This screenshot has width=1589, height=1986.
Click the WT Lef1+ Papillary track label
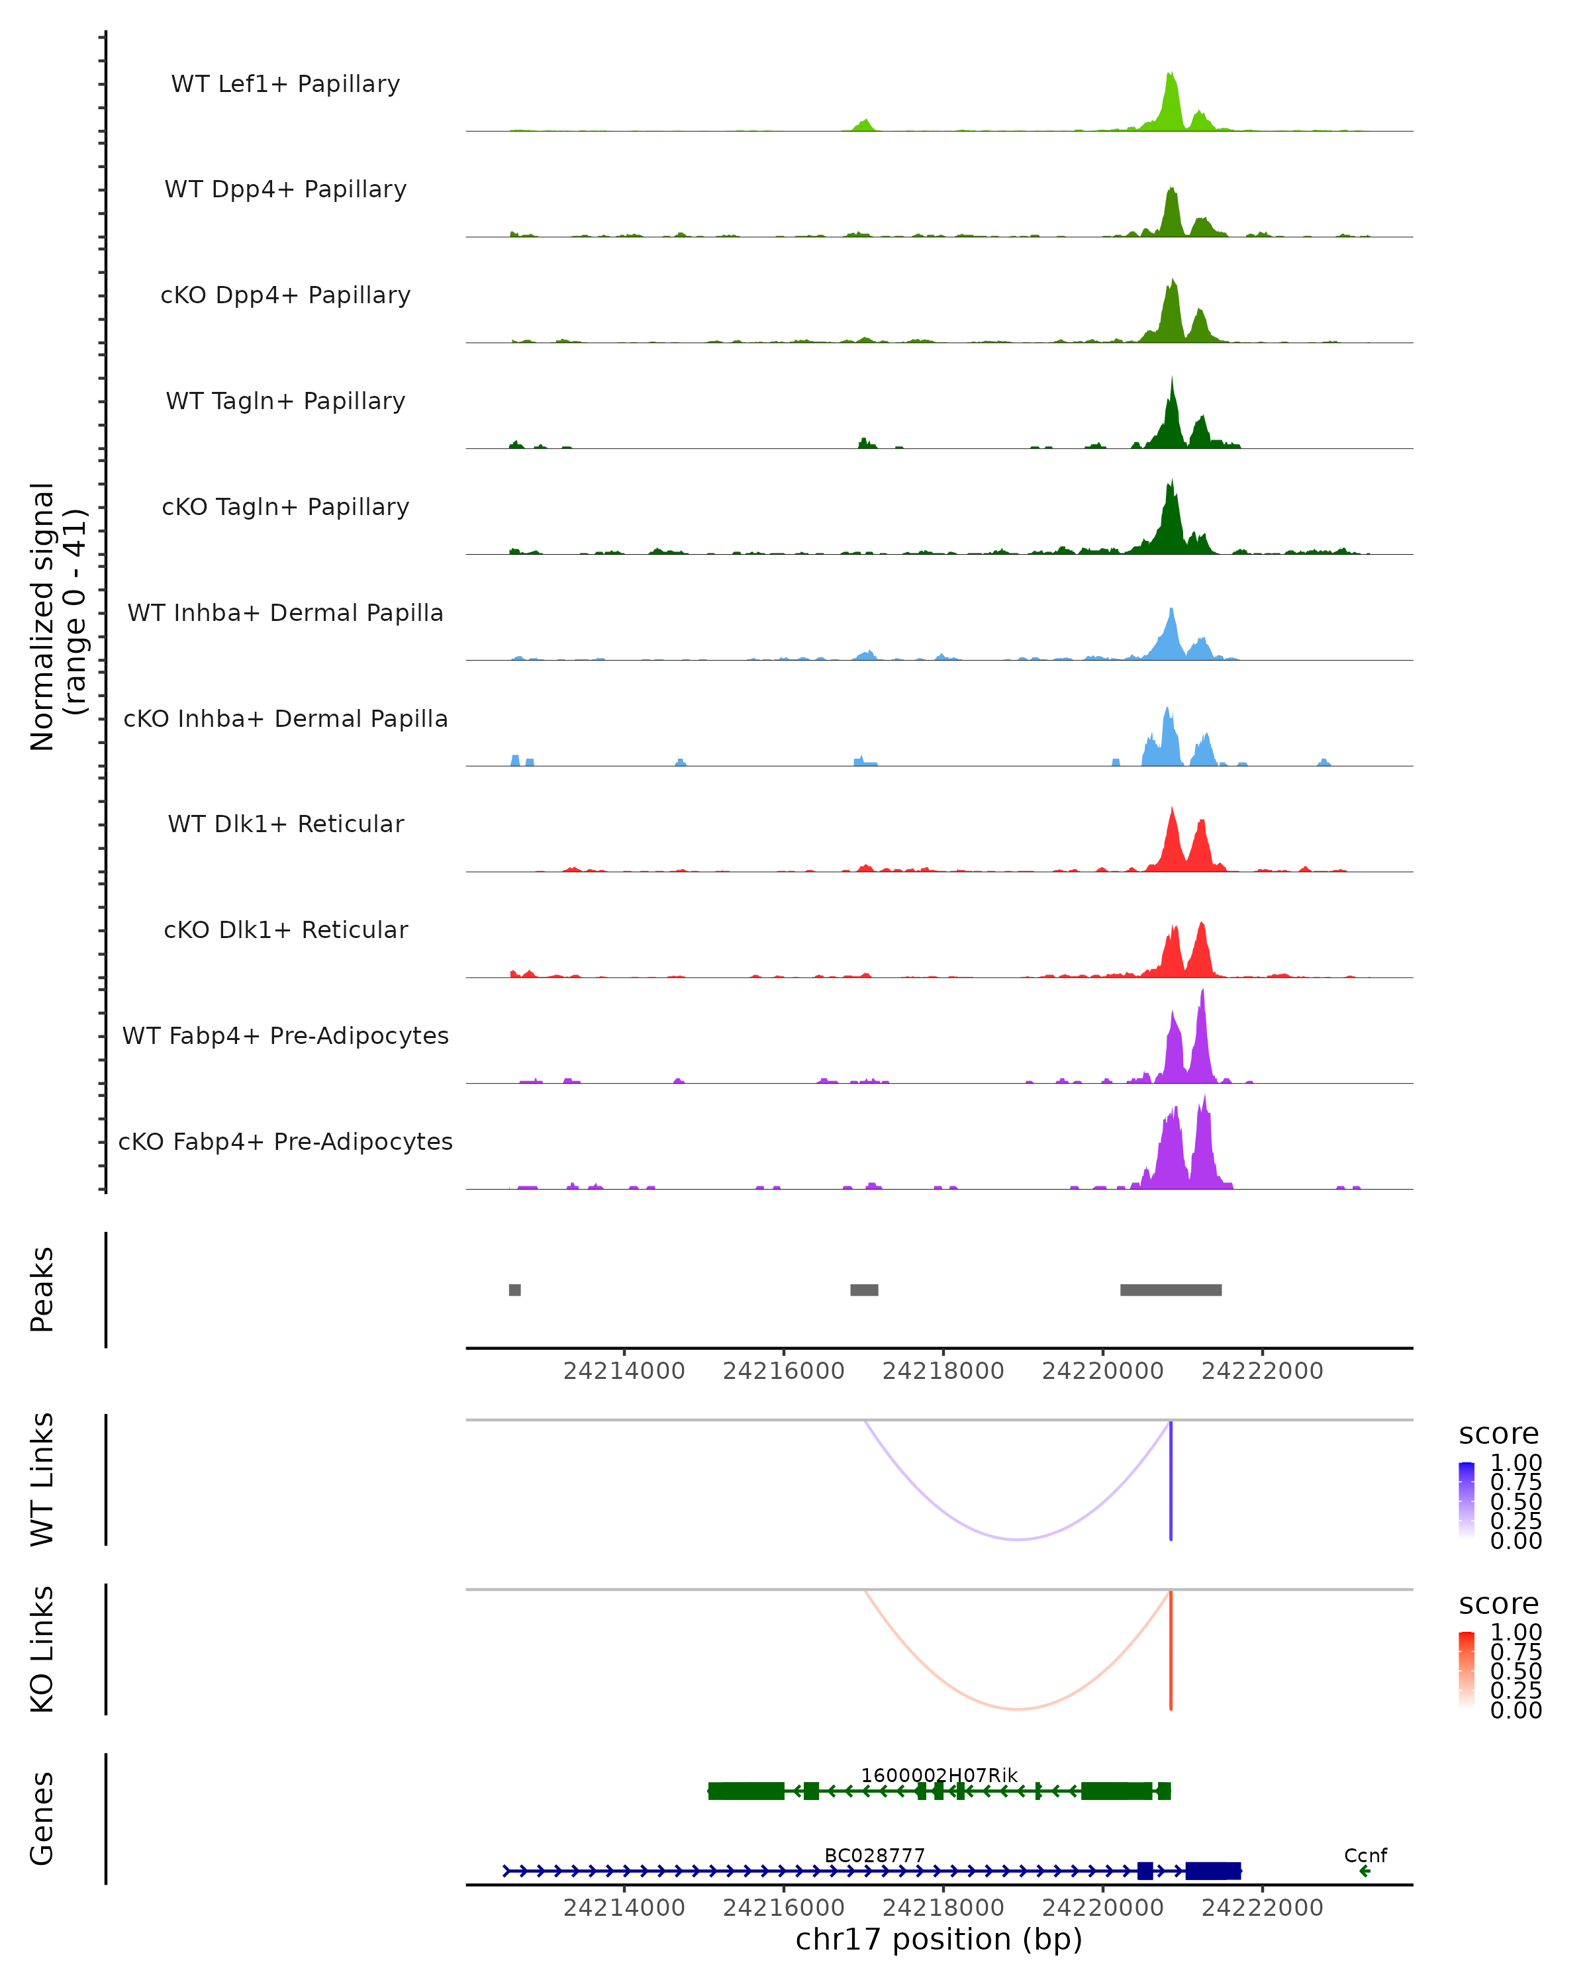pyautogui.click(x=285, y=84)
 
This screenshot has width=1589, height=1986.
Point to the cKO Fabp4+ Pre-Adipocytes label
pyautogui.click(x=285, y=1141)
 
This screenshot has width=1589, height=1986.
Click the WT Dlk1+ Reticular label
pyautogui.click(x=285, y=824)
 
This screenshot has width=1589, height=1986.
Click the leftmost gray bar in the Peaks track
pyautogui.click(x=515, y=1290)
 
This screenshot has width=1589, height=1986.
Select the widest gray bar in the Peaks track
pyautogui.click(x=1171, y=1290)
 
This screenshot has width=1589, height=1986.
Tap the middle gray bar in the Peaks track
pyautogui.click(x=864, y=1290)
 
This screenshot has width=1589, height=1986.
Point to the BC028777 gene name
pyautogui.click(x=874, y=1855)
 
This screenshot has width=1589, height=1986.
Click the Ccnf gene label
pyautogui.click(x=1365, y=1855)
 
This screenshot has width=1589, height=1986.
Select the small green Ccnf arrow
pyautogui.click(x=1365, y=1871)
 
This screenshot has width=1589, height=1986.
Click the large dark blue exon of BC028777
pyautogui.click(x=1212, y=1871)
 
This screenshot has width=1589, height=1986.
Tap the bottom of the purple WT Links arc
pyautogui.click(x=1017, y=1538)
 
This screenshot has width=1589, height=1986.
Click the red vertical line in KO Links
pyautogui.click(x=1171, y=1649)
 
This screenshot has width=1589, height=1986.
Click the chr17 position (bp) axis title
pyautogui.click(x=939, y=1940)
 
